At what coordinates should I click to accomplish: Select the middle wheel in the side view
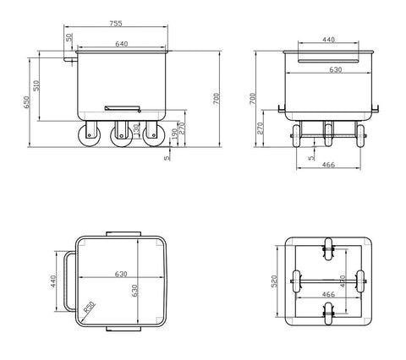click(x=120, y=134)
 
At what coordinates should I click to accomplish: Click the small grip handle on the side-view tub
click(x=122, y=107)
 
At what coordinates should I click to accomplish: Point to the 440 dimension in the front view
click(x=327, y=39)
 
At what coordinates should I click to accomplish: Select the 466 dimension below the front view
click(x=328, y=166)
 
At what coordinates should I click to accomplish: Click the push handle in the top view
click(x=61, y=278)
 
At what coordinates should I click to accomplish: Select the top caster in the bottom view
click(x=326, y=250)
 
